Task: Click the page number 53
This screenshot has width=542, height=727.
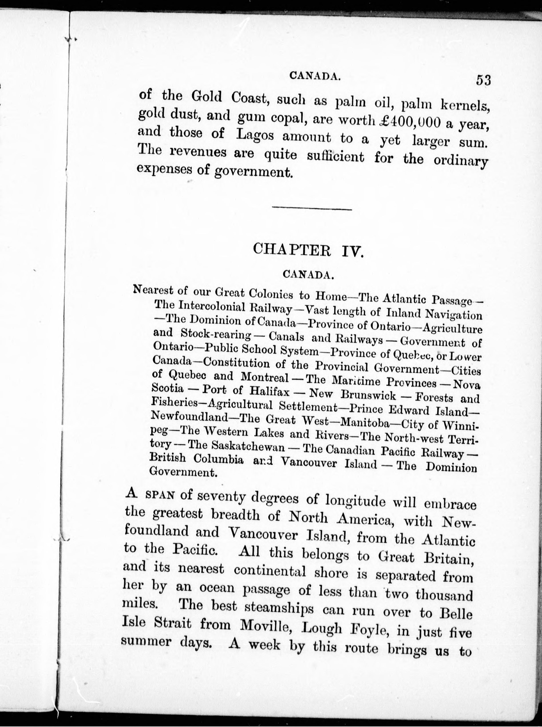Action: click(483, 80)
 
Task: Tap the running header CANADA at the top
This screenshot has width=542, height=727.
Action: click(314, 76)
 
